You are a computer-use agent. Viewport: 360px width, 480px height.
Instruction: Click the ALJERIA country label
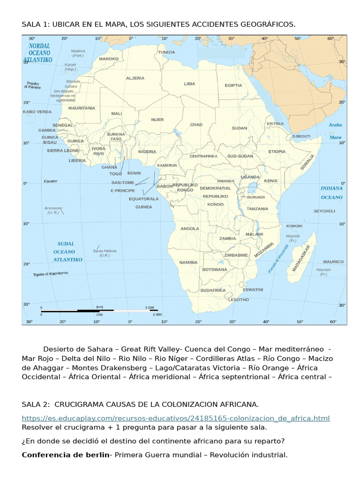pyautogui.click(x=135, y=78)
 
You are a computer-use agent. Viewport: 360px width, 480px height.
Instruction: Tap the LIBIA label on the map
pyautogui.click(x=189, y=84)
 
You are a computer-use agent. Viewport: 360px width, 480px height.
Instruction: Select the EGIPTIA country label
pyautogui.click(x=233, y=85)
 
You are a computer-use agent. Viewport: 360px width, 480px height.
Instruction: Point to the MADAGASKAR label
pyautogui.click(x=301, y=258)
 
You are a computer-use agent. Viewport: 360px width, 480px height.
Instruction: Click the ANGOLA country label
pyautogui.click(x=190, y=229)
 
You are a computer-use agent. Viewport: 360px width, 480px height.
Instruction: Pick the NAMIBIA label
pyautogui.click(x=188, y=262)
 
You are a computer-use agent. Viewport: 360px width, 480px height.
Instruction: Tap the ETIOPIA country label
pyautogui.click(x=277, y=151)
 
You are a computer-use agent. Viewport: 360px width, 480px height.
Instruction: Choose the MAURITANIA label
pyautogui.click(x=82, y=108)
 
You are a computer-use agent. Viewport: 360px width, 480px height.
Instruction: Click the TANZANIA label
pyautogui.click(x=257, y=209)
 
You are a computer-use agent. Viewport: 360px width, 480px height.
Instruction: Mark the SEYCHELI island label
pyautogui.click(x=324, y=211)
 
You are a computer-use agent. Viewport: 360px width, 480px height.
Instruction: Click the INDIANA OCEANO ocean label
pyautogui.click(x=331, y=193)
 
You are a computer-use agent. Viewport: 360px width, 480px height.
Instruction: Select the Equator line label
pyautogui.click(x=50, y=181)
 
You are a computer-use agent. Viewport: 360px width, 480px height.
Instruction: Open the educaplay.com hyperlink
pyautogui.click(x=176, y=418)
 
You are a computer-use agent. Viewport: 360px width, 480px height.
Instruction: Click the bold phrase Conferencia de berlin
pyautogui.click(x=65, y=455)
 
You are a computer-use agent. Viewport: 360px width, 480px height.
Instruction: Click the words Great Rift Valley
pyautogui.click(x=152, y=349)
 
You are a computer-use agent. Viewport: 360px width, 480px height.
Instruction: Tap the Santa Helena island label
pyautogui.click(x=104, y=253)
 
